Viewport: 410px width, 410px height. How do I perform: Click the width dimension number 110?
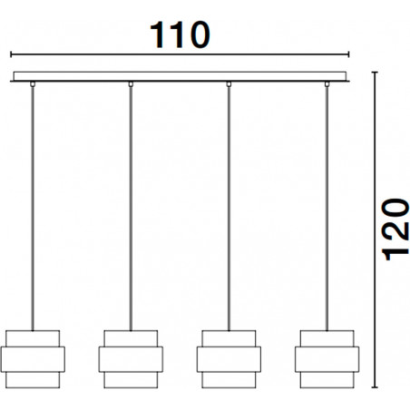click(x=180, y=34)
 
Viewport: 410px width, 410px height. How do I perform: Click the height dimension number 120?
click(x=395, y=229)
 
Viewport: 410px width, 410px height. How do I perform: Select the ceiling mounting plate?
click(x=180, y=76)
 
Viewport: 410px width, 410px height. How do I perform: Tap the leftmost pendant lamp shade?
click(x=33, y=359)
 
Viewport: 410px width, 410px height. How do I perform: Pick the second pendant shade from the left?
click(x=131, y=359)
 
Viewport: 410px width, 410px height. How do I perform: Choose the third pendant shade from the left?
click(x=229, y=359)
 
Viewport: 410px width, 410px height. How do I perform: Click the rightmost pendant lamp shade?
click(x=327, y=359)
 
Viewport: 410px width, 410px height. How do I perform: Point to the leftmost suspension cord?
click(x=33, y=209)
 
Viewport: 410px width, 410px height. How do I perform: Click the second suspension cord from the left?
click(x=131, y=209)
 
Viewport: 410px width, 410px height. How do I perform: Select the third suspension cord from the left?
click(x=229, y=209)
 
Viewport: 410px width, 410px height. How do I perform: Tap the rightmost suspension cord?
click(x=327, y=209)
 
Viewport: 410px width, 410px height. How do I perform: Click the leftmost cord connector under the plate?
click(x=33, y=84)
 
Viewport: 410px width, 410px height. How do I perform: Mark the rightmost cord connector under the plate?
click(x=327, y=84)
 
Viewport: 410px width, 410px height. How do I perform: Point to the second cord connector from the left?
click(x=131, y=84)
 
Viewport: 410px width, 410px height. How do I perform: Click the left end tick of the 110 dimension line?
click(x=11, y=54)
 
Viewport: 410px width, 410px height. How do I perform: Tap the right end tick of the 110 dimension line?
click(x=349, y=54)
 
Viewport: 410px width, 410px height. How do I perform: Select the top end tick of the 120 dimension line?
click(x=375, y=73)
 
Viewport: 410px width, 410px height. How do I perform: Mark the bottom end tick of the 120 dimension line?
click(x=375, y=387)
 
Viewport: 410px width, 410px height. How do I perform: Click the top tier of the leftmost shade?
click(x=33, y=338)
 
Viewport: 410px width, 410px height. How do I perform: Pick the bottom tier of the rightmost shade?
click(x=327, y=380)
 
